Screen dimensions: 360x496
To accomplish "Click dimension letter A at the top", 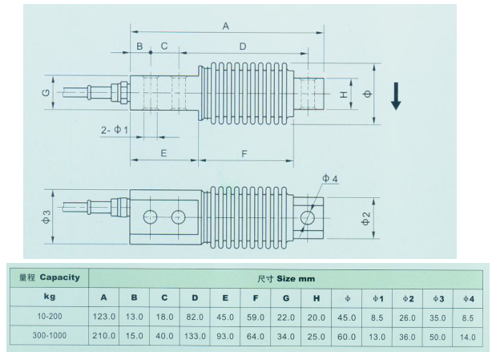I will pos(225,26).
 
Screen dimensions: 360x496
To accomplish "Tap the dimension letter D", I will pos(243,47).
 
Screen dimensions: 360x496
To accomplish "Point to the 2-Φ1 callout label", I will pos(115,129).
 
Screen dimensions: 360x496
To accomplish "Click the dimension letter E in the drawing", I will pos(163,152).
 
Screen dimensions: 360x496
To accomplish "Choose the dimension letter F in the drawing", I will pos(243,152).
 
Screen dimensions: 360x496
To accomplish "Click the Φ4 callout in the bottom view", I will pos(329,178).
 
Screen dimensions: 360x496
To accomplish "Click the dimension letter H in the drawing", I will pos(343,95).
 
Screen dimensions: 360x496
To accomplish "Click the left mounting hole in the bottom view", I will pos(149,216).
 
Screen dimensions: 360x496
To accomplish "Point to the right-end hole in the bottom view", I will pos(306,217).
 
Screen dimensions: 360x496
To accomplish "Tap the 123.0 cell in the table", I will pos(104,317).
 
